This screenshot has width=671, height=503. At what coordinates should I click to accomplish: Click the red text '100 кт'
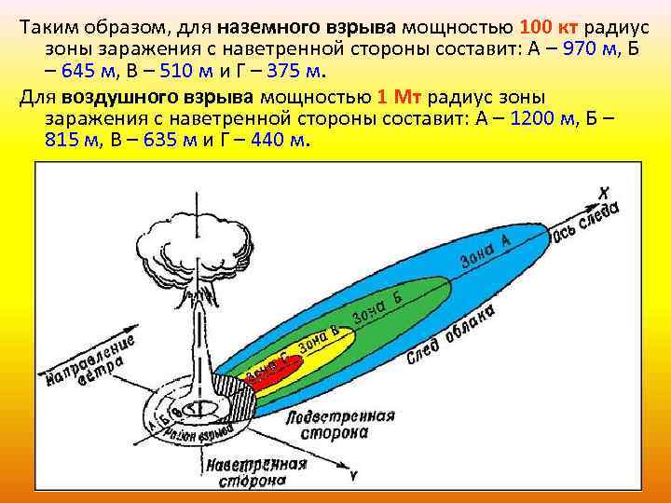(551, 24)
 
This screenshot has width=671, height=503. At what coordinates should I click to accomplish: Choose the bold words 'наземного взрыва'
(311, 24)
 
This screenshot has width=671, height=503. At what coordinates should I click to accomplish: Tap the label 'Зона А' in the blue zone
(486, 250)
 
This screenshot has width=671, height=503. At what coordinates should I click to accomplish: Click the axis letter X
(605, 193)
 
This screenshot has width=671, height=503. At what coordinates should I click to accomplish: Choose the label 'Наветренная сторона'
(255, 472)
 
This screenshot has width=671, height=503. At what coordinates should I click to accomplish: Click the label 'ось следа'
(586, 221)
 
